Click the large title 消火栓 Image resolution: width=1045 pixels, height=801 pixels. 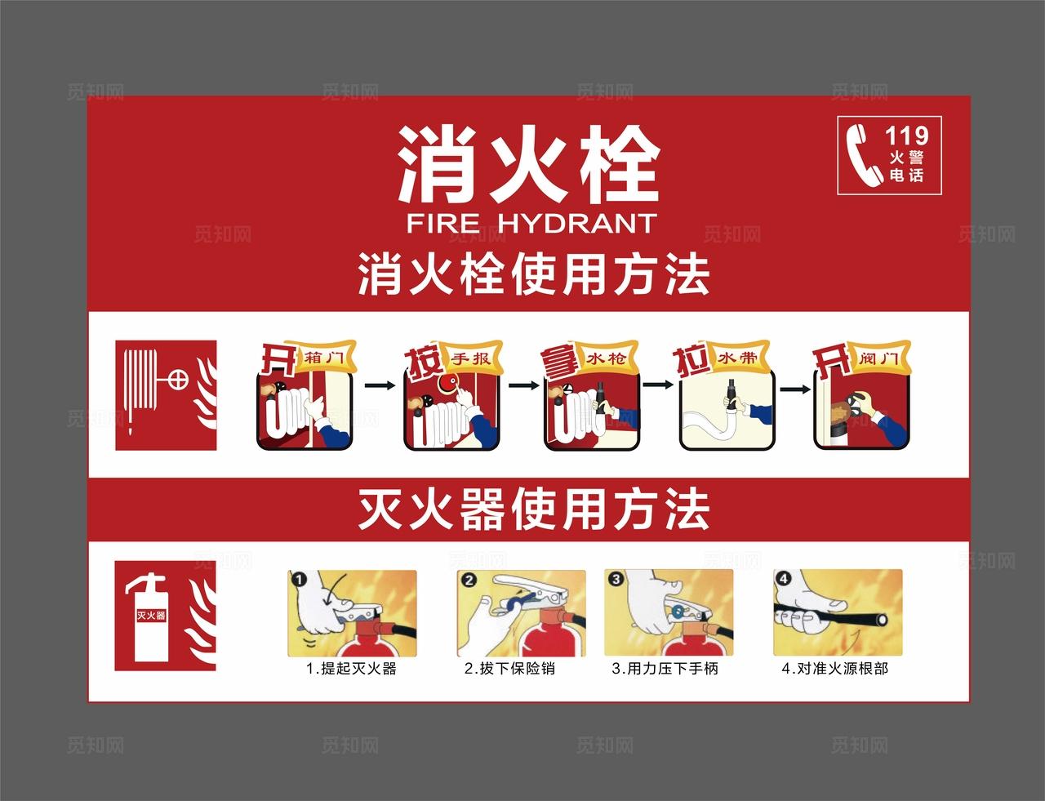click(x=528, y=165)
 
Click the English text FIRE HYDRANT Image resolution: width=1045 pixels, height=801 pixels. click(x=531, y=223)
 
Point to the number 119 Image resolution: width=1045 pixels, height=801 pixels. click(x=906, y=135)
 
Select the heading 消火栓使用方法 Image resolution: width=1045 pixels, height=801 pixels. click(x=533, y=274)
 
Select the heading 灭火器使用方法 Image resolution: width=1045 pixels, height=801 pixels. click(x=533, y=510)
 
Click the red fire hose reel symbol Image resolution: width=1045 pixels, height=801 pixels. click(x=166, y=394)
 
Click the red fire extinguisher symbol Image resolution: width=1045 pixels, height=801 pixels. click(x=165, y=615)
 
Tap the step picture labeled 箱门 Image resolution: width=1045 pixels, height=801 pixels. click(x=305, y=408)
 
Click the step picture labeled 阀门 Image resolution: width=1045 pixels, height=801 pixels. click(x=861, y=408)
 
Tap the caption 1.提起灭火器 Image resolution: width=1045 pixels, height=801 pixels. click(x=351, y=669)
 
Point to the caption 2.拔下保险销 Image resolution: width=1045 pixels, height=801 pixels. click(x=509, y=669)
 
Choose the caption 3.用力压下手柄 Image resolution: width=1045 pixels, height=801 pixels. click(x=665, y=669)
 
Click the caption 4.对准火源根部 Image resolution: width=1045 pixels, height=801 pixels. click(x=834, y=669)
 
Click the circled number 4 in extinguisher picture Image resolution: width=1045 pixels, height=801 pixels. click(x=785, y=578)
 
